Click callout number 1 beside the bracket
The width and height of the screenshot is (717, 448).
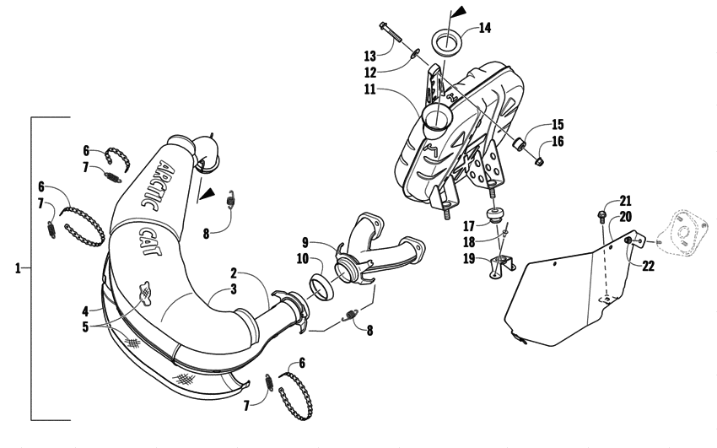pos(17,269)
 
